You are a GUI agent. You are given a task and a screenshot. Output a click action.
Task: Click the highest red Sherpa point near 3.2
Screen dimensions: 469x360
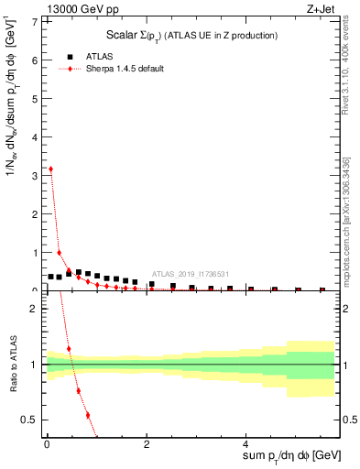50,169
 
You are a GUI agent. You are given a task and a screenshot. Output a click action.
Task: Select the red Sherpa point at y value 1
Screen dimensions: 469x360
60,253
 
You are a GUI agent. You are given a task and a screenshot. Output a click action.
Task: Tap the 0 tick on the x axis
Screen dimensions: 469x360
46,447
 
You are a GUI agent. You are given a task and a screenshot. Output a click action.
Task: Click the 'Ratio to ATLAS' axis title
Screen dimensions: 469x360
12,365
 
